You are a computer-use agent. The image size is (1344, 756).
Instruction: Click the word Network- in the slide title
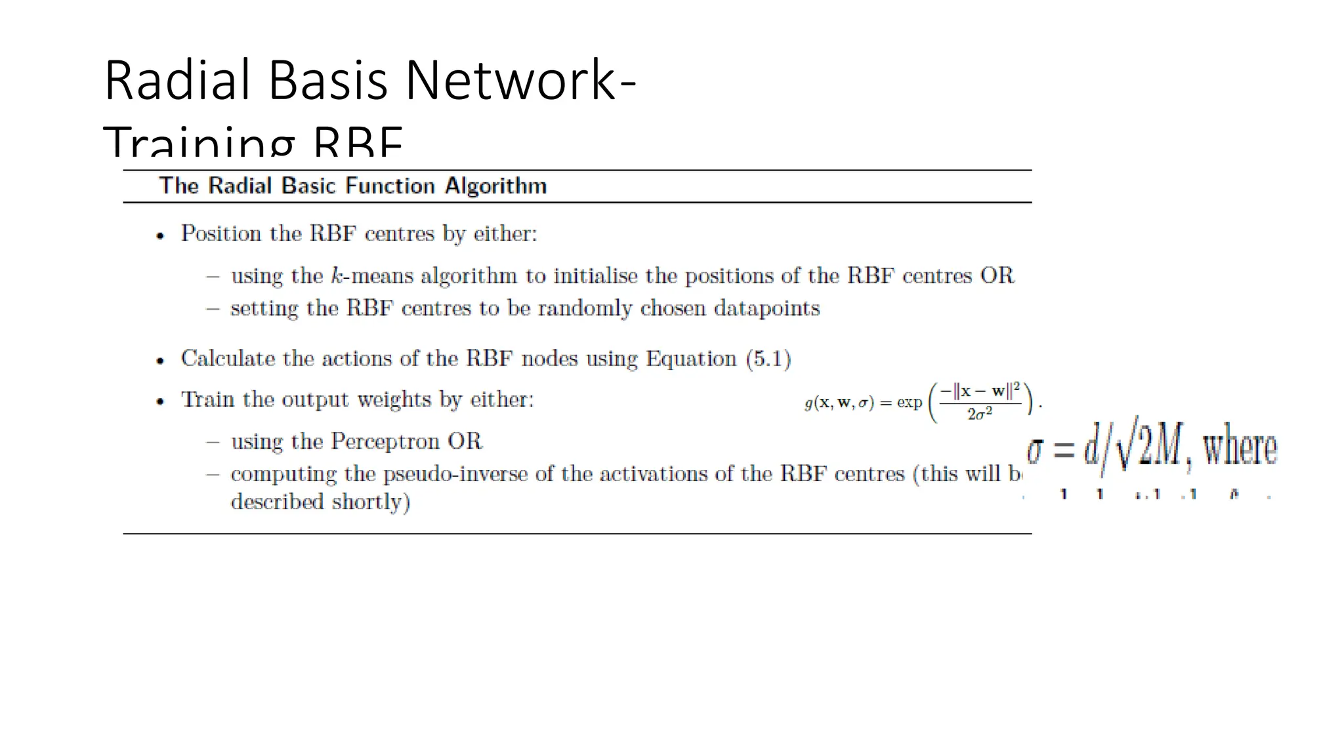coord(520,80)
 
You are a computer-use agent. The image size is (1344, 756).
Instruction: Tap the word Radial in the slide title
coord(177,80)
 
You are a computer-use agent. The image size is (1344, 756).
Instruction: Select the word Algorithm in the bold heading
coord(495,186)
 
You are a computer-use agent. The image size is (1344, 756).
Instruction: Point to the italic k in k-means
coord(337,276)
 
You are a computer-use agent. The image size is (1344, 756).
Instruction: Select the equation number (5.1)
coord(768,359)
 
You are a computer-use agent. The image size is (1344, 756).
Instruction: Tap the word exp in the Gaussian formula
coord(910,402)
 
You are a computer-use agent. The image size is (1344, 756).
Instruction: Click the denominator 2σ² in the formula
coord(980,414)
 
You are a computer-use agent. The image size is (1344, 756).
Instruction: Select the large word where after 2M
coord(1240,448)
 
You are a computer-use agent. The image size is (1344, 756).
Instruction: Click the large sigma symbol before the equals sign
coord(1035,450)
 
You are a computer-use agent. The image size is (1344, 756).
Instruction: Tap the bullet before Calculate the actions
coord(160,360)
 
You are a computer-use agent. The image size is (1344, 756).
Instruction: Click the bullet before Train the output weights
coord(160,401)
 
